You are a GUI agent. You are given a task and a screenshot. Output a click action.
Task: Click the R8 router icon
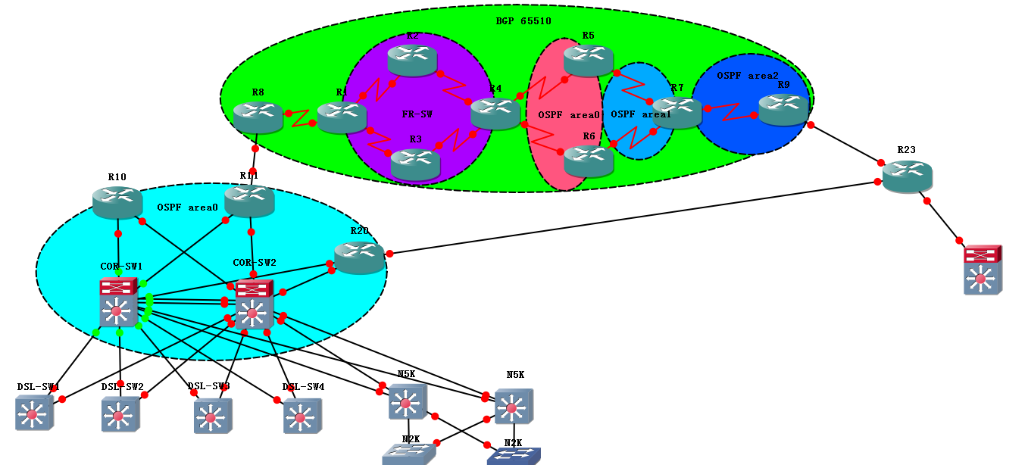tap(258, 117)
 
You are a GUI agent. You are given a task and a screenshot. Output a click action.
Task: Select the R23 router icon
tap(907, 176)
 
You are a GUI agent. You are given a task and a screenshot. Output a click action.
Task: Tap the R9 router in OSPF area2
tap(783, 109)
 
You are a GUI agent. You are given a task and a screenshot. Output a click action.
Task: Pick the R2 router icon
tap(412, 60)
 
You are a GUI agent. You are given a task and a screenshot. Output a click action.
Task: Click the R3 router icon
tap(415, 164)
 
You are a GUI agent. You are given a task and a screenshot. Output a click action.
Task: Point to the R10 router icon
tap(117, 201)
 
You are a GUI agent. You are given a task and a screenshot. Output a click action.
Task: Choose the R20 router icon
tap(359, 257)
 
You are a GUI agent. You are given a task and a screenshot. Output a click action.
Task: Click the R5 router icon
tap(588, 60)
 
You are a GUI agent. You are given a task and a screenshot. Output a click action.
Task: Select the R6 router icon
tap(589, 161)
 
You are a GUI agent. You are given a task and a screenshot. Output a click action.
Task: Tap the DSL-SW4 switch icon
tap(302, 416)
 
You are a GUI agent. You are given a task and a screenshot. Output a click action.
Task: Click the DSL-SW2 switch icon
tap(120, 414)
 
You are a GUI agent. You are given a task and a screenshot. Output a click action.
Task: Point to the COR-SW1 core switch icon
tap(117, 301)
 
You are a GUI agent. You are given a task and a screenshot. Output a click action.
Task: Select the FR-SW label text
tap(417, 114)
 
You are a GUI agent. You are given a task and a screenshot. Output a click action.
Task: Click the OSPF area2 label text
tap(747, 75)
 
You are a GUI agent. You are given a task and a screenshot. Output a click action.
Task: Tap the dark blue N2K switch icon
tap(513, 456)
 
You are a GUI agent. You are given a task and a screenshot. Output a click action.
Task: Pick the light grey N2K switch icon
tap(408, 454)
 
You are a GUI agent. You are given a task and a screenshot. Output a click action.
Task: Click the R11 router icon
tap(249, 200)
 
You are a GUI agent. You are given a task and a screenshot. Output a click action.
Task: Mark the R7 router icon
tap(676, 112)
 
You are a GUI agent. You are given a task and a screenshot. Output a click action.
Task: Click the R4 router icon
tap(495, 114)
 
